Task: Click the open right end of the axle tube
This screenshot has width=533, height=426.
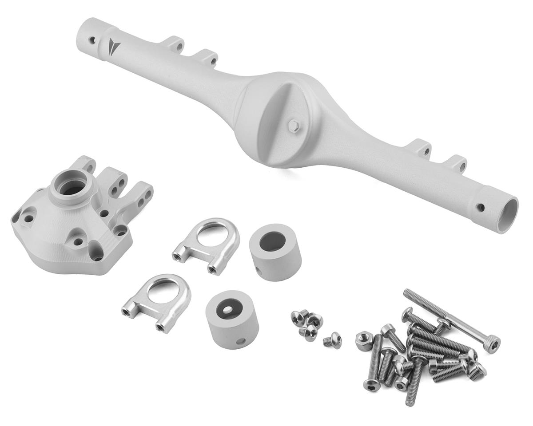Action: tap(508, 214)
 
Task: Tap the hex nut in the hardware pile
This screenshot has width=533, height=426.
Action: tap(365, 341)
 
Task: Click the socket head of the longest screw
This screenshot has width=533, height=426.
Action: tap(492, 344)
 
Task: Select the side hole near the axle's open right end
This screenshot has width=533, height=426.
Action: tap(480, 207)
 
